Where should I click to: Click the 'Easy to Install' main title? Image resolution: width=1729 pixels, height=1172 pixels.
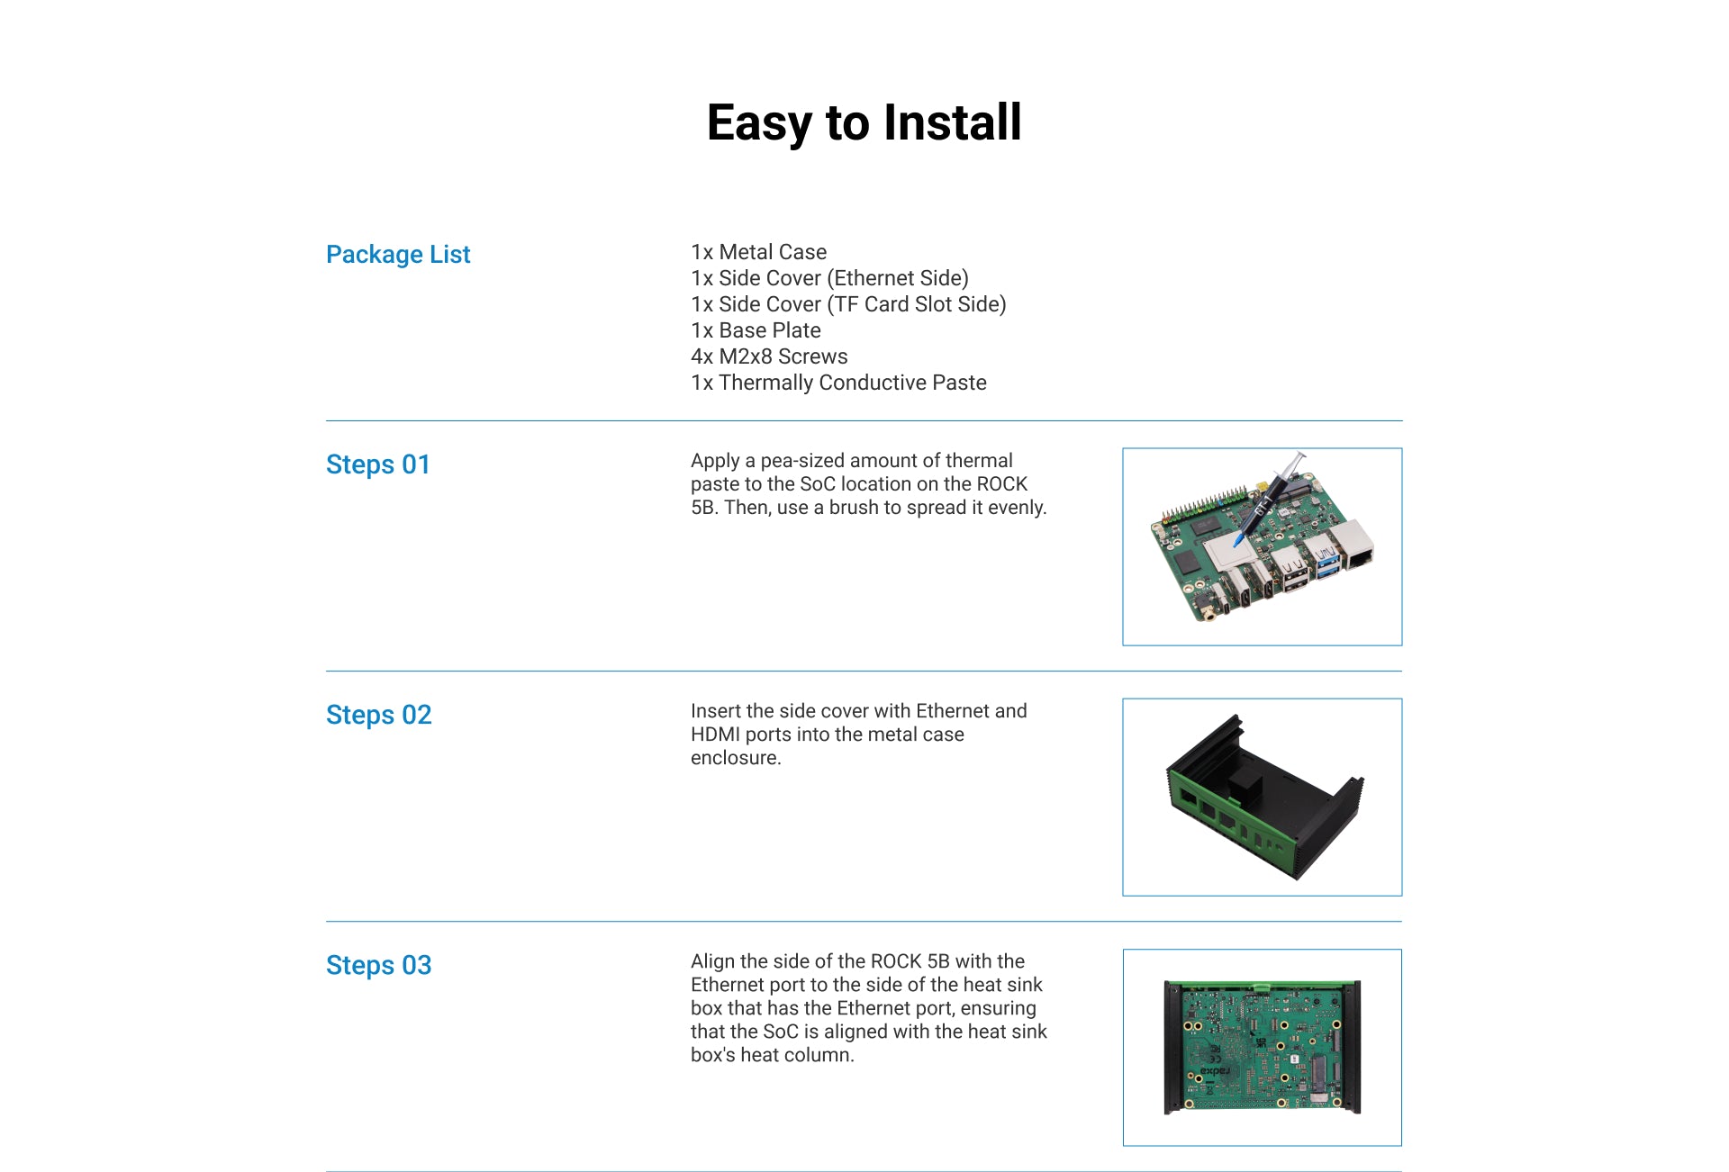coord(864,122)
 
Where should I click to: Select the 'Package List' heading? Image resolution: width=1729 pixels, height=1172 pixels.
coord(398,255)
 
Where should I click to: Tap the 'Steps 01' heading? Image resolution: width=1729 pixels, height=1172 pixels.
coord(378,464)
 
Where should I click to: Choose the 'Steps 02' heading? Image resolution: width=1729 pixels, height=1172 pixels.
coord(379,715)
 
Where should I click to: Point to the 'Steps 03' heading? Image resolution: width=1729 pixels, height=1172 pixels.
coord(379,965)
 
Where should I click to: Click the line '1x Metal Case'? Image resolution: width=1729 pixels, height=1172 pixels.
coord(758,252)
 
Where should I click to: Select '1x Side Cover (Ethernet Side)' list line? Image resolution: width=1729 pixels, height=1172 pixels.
coord(829,278)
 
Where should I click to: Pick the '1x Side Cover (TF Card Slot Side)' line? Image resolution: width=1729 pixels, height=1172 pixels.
coord(848,304)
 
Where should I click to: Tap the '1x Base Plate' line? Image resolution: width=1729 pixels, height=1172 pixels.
coord(756,330)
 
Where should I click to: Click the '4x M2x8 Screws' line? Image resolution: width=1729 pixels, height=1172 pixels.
coord(769,356)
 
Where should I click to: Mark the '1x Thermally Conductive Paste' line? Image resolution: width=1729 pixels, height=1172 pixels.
coord(838,383)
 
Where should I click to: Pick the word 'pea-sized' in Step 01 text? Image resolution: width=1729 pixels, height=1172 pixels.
coord(802,461)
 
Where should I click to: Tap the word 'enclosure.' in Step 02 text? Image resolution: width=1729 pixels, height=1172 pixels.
coord(736,758)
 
